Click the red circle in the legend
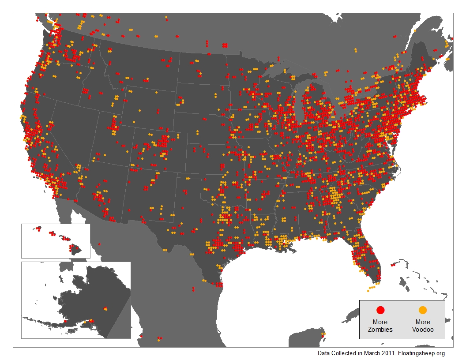pos(381,310)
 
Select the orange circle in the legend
pos(422,310)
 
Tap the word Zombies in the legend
pos(380,329)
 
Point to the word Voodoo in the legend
pos(423,329)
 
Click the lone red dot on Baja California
pos(99,244)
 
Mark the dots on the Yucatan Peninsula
pos(323,334)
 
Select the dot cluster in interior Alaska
pos(105,308)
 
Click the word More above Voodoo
pos(423,322)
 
